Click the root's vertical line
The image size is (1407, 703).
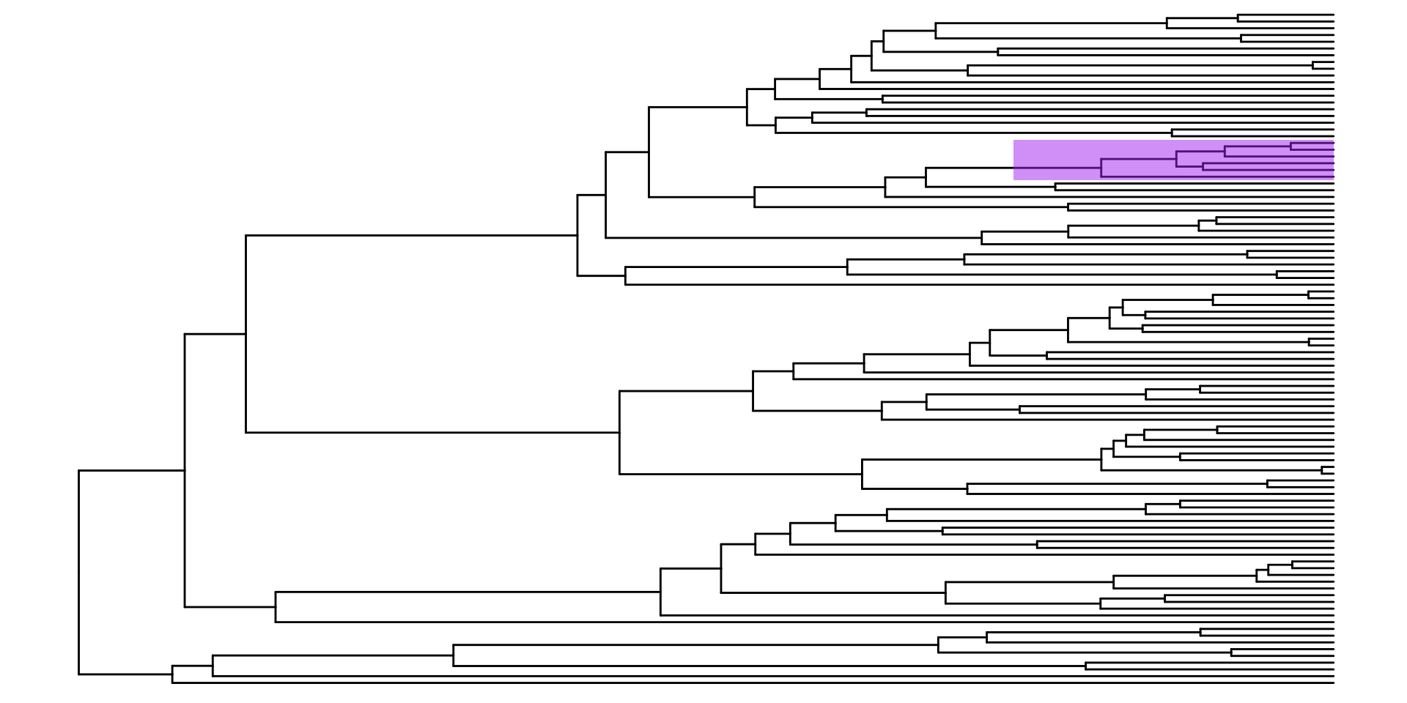pyautogui.click(x=79, y=571)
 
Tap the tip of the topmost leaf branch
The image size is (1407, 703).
pyautogui.click(x=1333, y=14)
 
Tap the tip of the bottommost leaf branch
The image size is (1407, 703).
pyautogui.click(x=1333, y=682)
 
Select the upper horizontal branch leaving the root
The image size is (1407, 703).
pyautogui.click(x=132, y=470)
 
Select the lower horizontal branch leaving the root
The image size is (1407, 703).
pyautogui.click(x=125, y=674)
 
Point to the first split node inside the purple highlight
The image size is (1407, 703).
pyautogui.click(x=1101, y=168)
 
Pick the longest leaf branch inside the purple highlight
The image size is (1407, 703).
pyautogui.click(x=1216, y=177)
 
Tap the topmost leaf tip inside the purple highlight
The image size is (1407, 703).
pyautogui.click(x=1333, y=143)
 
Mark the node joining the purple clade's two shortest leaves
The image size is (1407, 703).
pyautogui.click(x=1291, y=146)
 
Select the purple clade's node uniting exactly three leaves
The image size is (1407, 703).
pyautogui.click(x=1225, y=152)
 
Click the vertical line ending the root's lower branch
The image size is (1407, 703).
pyautogui.click(x=173, y=674)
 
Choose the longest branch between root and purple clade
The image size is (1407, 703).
pyautogui.click(x=410, y=235)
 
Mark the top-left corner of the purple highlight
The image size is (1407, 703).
pyautogui.click(x=1014, y=141)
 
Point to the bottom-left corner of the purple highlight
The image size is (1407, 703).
pyautogui.click(x=1014, y=179)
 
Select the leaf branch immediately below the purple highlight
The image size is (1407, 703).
pyautogui.click(x=1194, y=187)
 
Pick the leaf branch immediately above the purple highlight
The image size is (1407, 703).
pyautogui.click(x=1253, y=133)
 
